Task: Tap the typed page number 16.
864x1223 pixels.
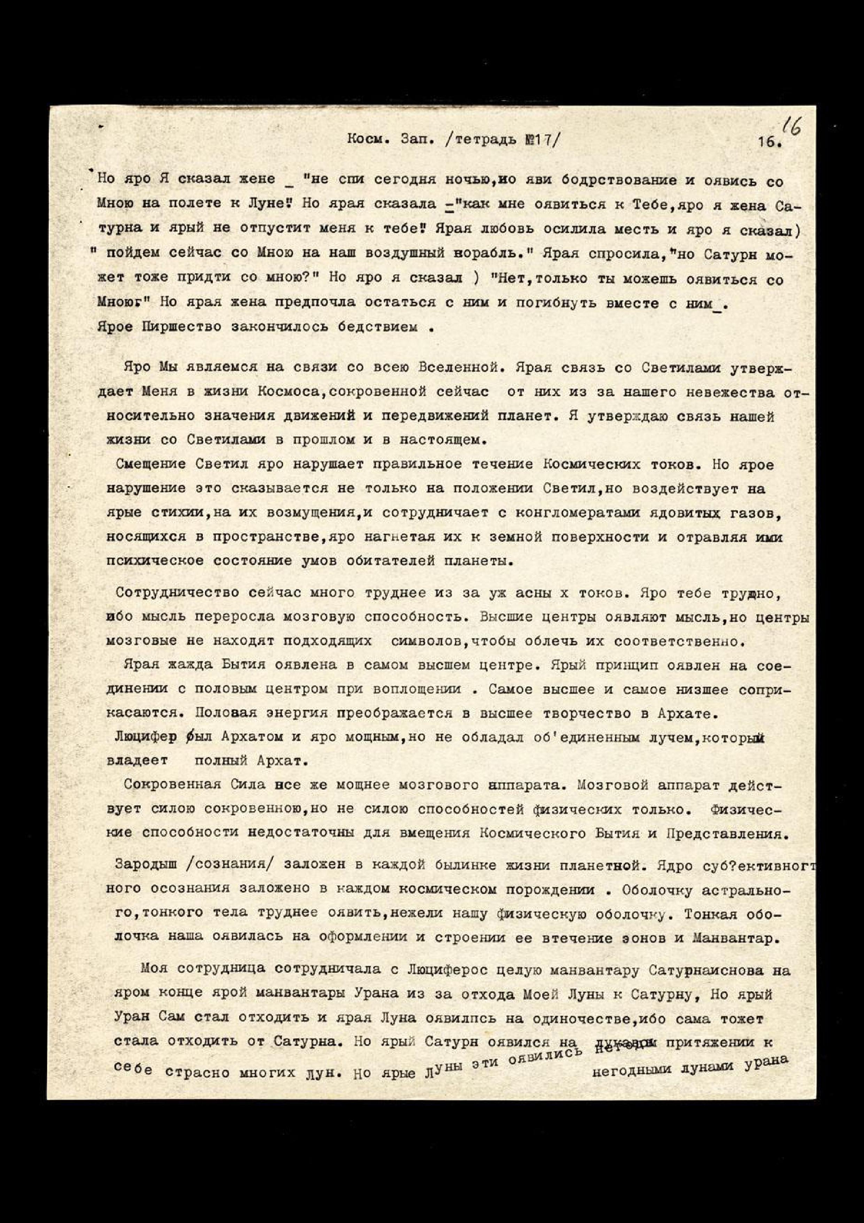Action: pyautogui.click(x=770, y=142)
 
